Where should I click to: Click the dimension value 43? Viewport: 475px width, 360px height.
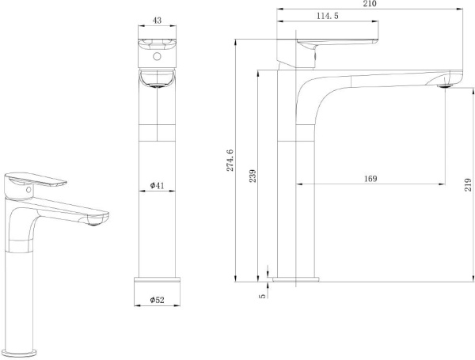tap(157, 22)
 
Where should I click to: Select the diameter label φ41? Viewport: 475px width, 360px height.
tap(157, 186)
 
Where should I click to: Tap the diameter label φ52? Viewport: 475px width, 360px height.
tap(157, 301)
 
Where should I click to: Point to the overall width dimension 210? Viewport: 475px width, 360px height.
tap(370, 4)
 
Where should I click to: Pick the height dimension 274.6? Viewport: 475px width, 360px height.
tap(230, 161)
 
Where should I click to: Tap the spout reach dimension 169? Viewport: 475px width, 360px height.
tap(370, 179)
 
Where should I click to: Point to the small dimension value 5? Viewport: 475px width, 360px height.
tap(261, 295)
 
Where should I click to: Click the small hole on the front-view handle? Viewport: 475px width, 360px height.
tap(157, 57)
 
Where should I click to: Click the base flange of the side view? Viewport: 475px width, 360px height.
tap(298, 279)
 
